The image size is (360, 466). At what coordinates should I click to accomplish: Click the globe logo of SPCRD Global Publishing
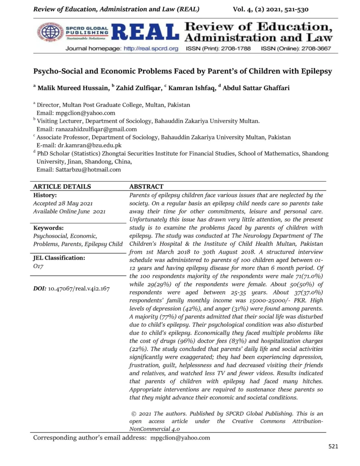(x=50, y=32)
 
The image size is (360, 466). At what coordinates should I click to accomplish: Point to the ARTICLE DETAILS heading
(x=62, y=187)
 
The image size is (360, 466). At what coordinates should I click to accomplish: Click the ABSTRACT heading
(x=146, y=187)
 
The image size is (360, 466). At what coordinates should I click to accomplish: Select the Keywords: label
(x=48, y=228)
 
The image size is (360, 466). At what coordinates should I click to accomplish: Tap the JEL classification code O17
(x=38, y=266)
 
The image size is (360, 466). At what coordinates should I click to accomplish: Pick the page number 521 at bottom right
(x=333, y=446)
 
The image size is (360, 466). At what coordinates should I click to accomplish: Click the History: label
(x=45, y=195)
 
